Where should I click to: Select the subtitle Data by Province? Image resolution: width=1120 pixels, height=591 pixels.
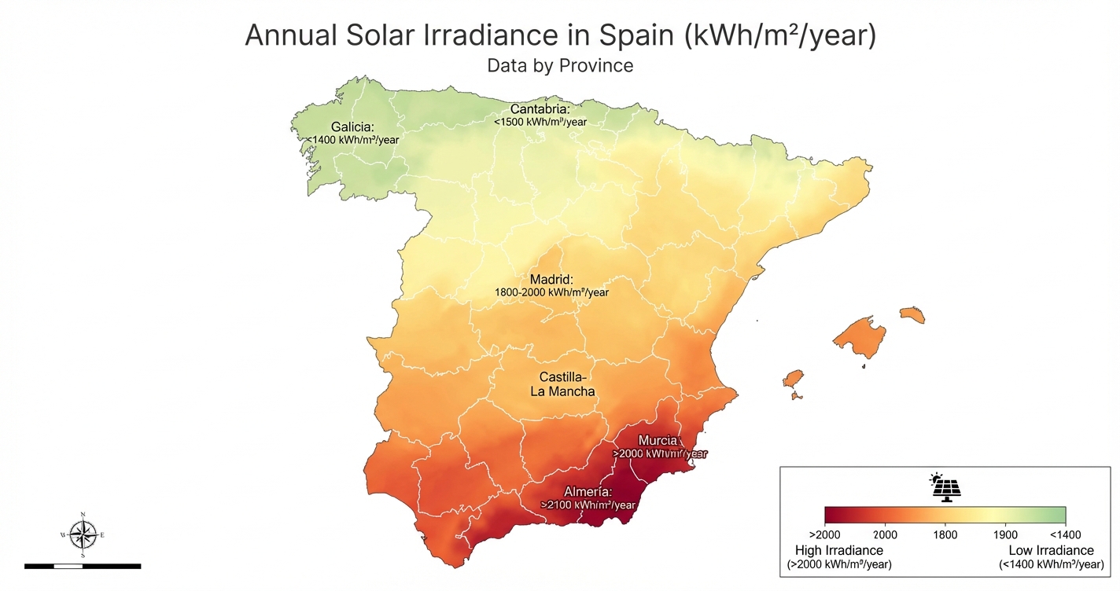[x=560, y=65]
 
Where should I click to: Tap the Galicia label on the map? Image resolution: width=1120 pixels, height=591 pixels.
[x=352, y=127]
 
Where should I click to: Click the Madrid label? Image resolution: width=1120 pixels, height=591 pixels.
[x=551, y=279]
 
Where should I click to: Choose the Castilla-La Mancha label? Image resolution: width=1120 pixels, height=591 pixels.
[x=562, y=384]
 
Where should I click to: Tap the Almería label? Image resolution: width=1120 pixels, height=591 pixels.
[x=588, y=492]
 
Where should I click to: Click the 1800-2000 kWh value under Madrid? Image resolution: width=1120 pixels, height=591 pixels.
[x=551, y=292]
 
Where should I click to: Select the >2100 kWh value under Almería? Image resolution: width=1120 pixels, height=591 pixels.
[x=588, y=505]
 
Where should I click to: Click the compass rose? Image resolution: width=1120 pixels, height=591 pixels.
[x=83, y=534]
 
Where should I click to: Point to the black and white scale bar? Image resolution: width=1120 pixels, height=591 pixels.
[x=83, y=565]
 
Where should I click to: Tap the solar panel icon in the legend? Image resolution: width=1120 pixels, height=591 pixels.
[x=945, y=488]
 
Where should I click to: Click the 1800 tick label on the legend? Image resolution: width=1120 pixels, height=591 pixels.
[x=945, y=534]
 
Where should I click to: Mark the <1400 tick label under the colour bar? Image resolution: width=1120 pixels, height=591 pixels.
[x=1065, y=534]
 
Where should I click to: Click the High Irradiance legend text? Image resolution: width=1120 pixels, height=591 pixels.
[x=839, y=550]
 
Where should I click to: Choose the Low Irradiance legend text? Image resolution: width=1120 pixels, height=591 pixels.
[x=1051, y=550]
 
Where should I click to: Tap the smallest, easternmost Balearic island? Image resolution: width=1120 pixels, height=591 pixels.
[x=912, y=314]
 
